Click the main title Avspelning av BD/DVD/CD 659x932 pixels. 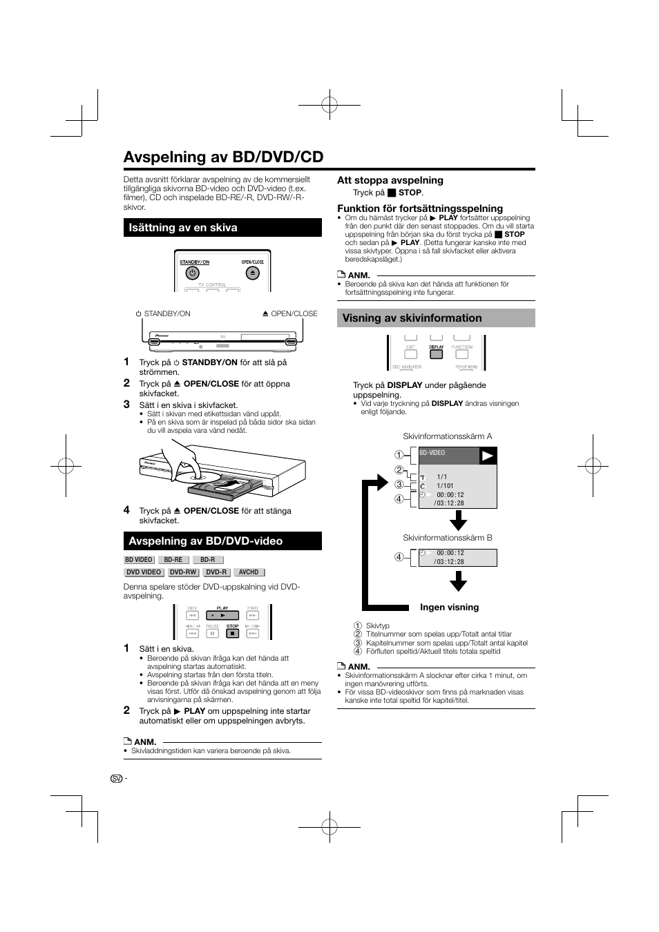click(223, 157)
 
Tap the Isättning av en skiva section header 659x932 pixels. click(183, 228)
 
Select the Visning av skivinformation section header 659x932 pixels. click(412, 318)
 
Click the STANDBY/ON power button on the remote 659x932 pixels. click(193, 273)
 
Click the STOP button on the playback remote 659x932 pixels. click(233, 633)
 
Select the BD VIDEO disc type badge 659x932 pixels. click(139, 560)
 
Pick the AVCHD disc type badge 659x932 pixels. click(249, 572)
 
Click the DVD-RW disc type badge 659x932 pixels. click(183, 572)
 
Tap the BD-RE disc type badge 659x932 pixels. click(173, 560)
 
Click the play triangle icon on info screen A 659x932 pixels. click(488, 456)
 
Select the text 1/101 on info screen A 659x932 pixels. click(445, 486)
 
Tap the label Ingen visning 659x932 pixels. click(449, 608)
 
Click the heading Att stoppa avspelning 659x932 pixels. click(390, 181)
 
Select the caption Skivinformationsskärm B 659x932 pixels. click(448, 538)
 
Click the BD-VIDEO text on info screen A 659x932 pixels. click(432, 454)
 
